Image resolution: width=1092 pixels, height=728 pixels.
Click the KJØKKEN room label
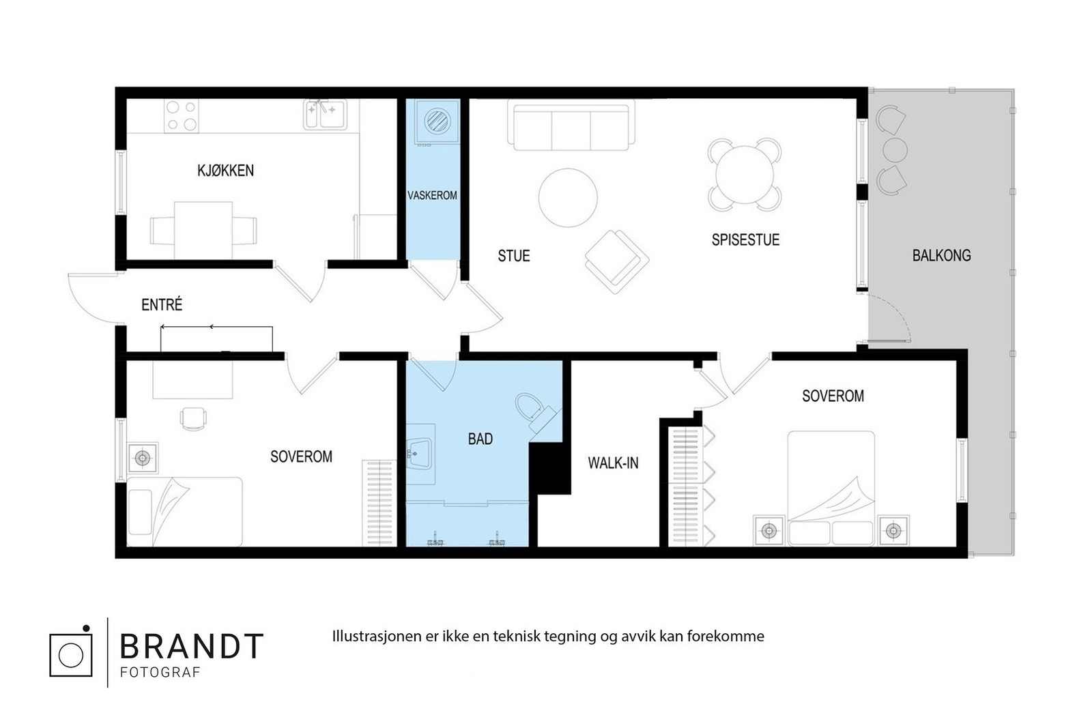pyautogui.click(x=225, y=171)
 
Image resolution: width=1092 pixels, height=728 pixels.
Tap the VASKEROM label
pyautogui.click(x=432, y=196)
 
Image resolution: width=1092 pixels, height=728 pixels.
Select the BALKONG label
pyautogui.click(x=941, y=256)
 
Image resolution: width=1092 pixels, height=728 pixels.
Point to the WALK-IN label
pyautogui.click(x=613, y=463)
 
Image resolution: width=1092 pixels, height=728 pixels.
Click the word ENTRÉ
pyautogui.click(x=162, y=305)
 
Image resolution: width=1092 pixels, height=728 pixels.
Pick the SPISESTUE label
pyautogui.click(x=745, y=240)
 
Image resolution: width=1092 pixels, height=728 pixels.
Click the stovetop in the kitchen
pyautogui.click(x=181, y=116)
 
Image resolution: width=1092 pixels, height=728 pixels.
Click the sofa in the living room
pyautogui.click(x=571, y=126)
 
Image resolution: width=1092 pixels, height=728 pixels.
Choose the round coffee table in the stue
pyautogui.click(x=568, y=198)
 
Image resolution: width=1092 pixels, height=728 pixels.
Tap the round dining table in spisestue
pyautogui.click(x=744, y=174)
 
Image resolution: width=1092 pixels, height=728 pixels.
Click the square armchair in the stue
pyautogui.click(x=616, y=261)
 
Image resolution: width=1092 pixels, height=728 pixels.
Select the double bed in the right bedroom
pyautogui.click(x=831, y=488)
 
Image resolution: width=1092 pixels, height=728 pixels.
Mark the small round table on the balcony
pyautogui.click(x=895, y=149)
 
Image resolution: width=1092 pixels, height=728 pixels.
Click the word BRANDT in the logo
pyautogui.click(x=191, y=646)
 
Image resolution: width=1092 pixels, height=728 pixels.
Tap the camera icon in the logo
pyautogui.click(x=71, y=653)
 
